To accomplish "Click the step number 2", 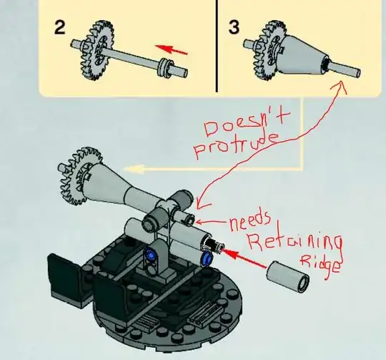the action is [60, 28].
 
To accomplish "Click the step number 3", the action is [234, 27].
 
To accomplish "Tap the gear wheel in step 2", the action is [96, 50].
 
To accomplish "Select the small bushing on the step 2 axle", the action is [164, 67].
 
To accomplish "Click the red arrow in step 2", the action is [171, 49].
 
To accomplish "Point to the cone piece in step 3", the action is [303, 55].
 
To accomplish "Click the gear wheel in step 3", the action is [269, 50].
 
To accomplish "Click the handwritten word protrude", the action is [237, 145].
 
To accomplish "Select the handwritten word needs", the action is [250, 221].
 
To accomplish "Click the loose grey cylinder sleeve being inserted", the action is [288, 276].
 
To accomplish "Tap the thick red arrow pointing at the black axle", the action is [244, 258].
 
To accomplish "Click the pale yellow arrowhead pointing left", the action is [133, 168].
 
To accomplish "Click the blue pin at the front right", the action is [207, 258].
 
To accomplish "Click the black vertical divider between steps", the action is [217, 46].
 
